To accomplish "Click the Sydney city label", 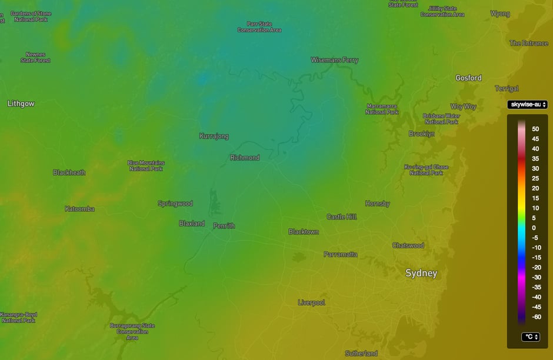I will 421,273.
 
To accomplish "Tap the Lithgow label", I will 21,104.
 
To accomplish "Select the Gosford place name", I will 468,78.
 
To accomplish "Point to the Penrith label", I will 224,225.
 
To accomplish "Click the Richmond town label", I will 244,158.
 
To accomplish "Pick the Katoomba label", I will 79,209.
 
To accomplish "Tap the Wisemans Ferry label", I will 334,60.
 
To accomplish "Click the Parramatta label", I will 340,254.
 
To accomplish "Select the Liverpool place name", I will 311,302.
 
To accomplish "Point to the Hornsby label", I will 377,204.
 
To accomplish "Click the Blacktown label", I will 304,232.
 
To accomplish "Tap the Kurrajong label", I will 214,136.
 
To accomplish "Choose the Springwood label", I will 175,204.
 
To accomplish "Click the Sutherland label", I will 361,353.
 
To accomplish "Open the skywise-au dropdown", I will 528,105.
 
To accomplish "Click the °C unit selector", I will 531,337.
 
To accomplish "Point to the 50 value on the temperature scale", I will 535,128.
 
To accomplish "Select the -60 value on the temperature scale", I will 536,316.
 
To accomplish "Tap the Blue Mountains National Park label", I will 146,166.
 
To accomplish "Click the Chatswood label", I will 408,245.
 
